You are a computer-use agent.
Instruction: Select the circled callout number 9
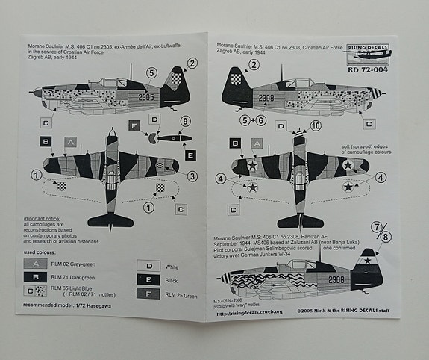pyautogui.click(x=186, y=121)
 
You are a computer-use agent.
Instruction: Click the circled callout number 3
pyautogui.click(x=192, y=176)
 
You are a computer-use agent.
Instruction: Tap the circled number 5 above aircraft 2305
pyautogui.click(x=151, y=72)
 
